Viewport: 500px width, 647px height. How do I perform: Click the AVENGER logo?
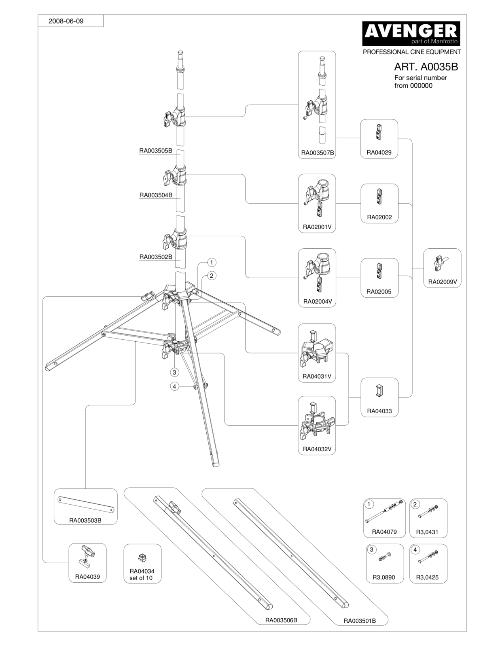(x=411, y=33)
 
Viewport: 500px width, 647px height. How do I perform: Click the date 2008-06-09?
(x=66, y=21)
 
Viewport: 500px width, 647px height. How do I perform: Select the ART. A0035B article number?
(x=426, y=67)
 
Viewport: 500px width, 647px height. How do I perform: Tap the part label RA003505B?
(x=156, y=151)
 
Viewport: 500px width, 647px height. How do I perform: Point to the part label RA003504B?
(x=156, y=195)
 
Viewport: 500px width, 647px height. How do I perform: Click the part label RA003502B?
(x=156, y=257)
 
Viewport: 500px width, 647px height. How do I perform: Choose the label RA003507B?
(x=318, y=153)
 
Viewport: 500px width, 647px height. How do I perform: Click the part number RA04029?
(x=379, y=152)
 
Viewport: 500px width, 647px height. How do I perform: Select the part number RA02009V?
(x=443, y=282)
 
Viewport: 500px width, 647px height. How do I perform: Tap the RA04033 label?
(x=379, y=411)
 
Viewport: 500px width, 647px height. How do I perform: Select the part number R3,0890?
(x=383, y=577)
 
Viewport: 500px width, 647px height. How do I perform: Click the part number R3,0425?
(x=427, y=577)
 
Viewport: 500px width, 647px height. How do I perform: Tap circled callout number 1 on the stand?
(x=212, y=262)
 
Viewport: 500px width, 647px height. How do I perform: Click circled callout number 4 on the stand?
(x=174, y=387)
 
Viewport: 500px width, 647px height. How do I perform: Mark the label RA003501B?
(x=360, y=621)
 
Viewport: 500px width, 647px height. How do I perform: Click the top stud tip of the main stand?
(x=180, y=53)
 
